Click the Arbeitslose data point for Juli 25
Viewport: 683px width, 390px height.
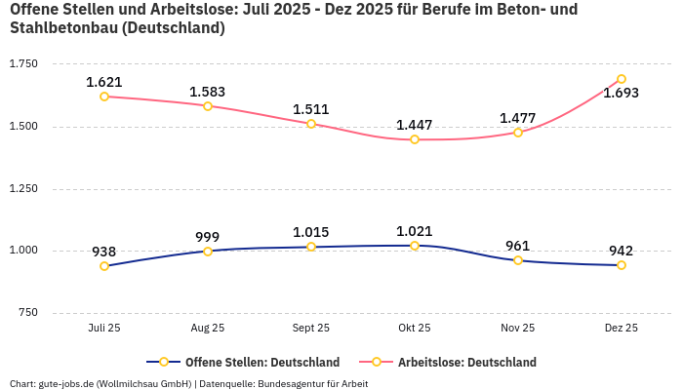(104, 97)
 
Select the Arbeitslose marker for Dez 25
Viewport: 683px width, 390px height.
(621, 79)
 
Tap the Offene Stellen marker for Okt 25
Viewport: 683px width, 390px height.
(415, 246)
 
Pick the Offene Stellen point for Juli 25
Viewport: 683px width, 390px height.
(104, 266)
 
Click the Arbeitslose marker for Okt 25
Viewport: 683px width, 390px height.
(415, 139)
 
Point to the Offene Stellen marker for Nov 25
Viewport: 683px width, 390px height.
(518, 260)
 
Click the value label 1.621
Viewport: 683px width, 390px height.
(104, 82)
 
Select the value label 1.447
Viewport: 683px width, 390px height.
(414, 125)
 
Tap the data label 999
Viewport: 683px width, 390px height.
(208, 237)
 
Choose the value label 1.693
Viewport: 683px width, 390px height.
(621, 94)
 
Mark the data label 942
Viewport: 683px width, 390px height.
(621, 251)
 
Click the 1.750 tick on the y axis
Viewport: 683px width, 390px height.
(23, 63)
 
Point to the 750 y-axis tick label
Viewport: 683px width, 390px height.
(27, 313)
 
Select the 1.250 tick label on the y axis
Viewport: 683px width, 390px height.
(23, 188)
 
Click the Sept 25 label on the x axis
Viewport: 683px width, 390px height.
(311, 329)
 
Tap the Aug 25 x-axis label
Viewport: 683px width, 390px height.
(208, 329)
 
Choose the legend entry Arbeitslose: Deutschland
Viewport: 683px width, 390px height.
(466, 363)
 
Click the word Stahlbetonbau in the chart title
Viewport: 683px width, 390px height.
(58, 28)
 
